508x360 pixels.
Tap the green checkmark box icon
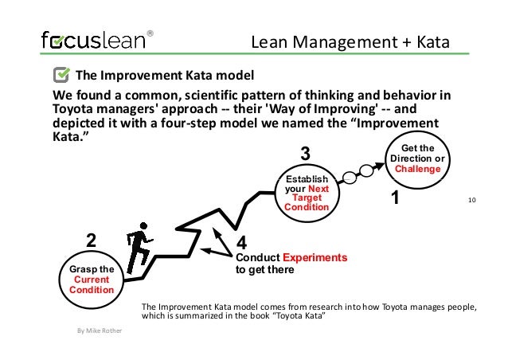pos(61,76)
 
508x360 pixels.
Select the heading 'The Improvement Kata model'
pos(164,76)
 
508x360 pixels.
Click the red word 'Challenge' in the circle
pos(417,169)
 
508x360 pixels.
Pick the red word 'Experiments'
pos(316,258)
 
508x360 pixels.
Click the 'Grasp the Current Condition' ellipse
pos(92,280)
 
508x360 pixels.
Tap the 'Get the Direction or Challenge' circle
pos(417,159)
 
